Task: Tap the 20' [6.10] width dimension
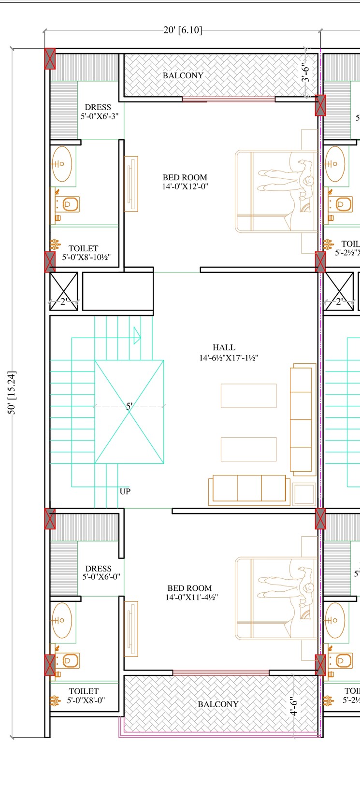(x=183, y=30)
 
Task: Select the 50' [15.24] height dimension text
(x=12, y=393)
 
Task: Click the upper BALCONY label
(x=183, y=76)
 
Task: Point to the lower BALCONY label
(x=218, y=704)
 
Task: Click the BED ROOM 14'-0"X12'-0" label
(x=185, y=182)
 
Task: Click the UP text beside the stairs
(x=125, y=492)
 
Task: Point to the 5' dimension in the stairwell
(x=129, y=406)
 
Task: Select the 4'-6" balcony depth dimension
(x=293, y=706)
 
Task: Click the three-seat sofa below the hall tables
(x=249, y=488)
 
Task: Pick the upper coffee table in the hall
(x=248, y=396)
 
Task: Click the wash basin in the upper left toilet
(x=62, y=164)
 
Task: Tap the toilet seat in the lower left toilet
(x=69, y=660)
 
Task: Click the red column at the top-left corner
(x=50, y=59)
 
